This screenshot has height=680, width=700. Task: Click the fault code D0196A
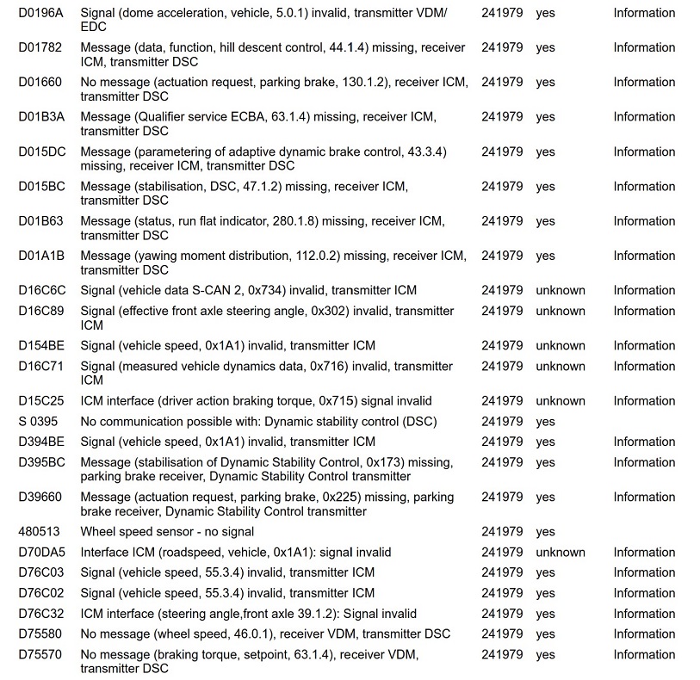click(40, 13)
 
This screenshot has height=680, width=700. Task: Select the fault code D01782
click(40, 47)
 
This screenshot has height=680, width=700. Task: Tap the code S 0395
click(39, 422)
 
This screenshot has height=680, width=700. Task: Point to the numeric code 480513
click(39, 532)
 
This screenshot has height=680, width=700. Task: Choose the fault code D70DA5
click(41, 553)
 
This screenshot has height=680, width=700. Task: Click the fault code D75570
click(40, 655)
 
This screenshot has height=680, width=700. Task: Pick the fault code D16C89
click(41, 311)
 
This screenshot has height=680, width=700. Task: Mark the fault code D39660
click(40, 498)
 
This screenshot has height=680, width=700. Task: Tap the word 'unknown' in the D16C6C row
click(560, 290)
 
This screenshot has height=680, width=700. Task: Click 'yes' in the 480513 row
click(545, 532)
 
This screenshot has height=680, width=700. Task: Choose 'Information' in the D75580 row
click(644, 634)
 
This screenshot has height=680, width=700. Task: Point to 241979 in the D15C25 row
click(502, 401)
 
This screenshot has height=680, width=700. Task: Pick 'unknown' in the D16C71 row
click(560, 366)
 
